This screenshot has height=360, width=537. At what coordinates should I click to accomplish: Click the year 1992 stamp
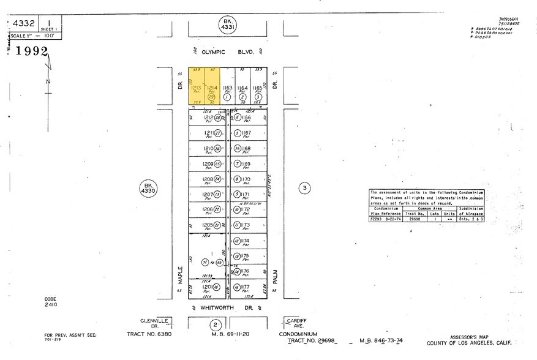pyautogui.click(x=32, y=51)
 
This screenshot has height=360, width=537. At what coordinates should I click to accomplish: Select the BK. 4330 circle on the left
pyautogui.click(x=147, y=189)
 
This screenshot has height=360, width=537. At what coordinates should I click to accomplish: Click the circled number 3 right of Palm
pyautogui.click(x=304, y=189)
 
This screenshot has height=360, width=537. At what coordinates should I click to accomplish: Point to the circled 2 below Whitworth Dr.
pyautogui.click(x=215, y=324)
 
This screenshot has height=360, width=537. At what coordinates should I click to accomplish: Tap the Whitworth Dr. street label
pyautogui.click(x=226, y=307)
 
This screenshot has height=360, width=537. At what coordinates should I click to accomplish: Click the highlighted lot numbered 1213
pyautogui.click(x=195, y=89)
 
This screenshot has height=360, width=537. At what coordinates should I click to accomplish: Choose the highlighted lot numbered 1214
pyautogui.click(x=211, y=89)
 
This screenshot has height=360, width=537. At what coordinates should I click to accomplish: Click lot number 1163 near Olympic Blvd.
pyautogui.click(x=227, y=89)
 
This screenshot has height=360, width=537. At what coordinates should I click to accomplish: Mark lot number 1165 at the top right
pyautogui.click(x=258, y=89)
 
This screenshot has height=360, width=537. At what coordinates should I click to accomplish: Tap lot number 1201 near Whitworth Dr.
pyautogui.click(x=208, y=287)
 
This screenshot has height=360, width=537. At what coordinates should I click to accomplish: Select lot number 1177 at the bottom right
pyautogui.click(x=246, y=287)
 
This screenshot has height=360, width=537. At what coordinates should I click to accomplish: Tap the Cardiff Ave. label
pyautogui.click(x=295, y=322)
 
